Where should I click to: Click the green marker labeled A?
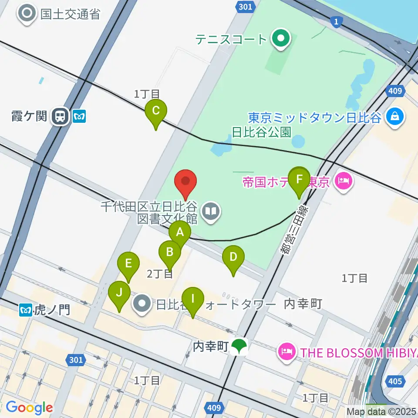[x=179, y=232]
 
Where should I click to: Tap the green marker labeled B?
[x=169, y=252]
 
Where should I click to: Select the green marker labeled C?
[x=155, y=111]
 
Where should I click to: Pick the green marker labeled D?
[x=233, y=257]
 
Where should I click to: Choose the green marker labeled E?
[x=128, y=263]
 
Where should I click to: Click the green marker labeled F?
[x=299, y=179]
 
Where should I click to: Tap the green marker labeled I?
[x=192, y=299]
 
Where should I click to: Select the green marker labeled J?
[x=119, y=292]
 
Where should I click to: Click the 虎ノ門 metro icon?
[x=25, y=310]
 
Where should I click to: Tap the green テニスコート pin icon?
[x=281, y=38]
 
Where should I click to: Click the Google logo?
[x=29, y=408]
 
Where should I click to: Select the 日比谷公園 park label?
[x=261, y=131]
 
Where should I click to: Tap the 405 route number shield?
[x=394, y=382]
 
